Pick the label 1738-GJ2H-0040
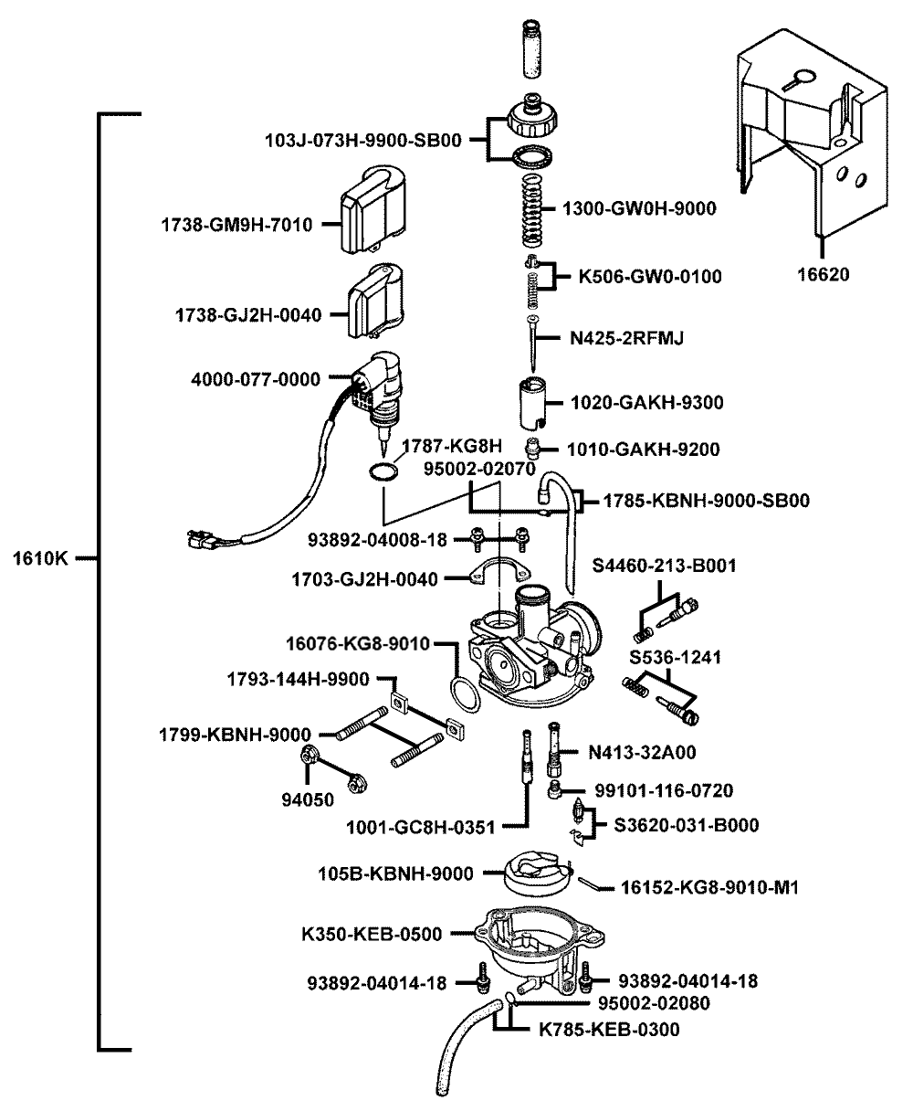[247, 315]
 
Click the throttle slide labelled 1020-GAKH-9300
[532, 402]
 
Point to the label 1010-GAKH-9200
[644, 449]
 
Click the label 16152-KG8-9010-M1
[710, 886]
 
